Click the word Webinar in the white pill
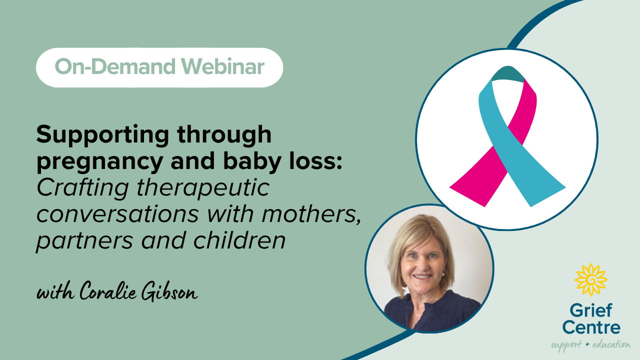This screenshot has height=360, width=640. click(223, 66)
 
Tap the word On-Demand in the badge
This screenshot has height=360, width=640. click(115, 66)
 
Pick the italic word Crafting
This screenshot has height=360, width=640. click(83, 188)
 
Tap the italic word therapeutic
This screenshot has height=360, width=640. click(203, 188)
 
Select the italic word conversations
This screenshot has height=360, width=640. click(117, 214)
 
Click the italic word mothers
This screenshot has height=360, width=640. click(311, 214)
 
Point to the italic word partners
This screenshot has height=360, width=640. click(84, 241)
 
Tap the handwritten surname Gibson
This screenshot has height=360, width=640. click(169, 291)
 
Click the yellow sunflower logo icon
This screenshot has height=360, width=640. click(591, 280)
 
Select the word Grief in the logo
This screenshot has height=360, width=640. click(591, 311)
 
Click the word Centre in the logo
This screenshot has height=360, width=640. click(591, 327)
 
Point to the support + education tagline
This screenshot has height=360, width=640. click(591, 344)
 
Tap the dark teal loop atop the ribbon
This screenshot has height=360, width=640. click(508, 73)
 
